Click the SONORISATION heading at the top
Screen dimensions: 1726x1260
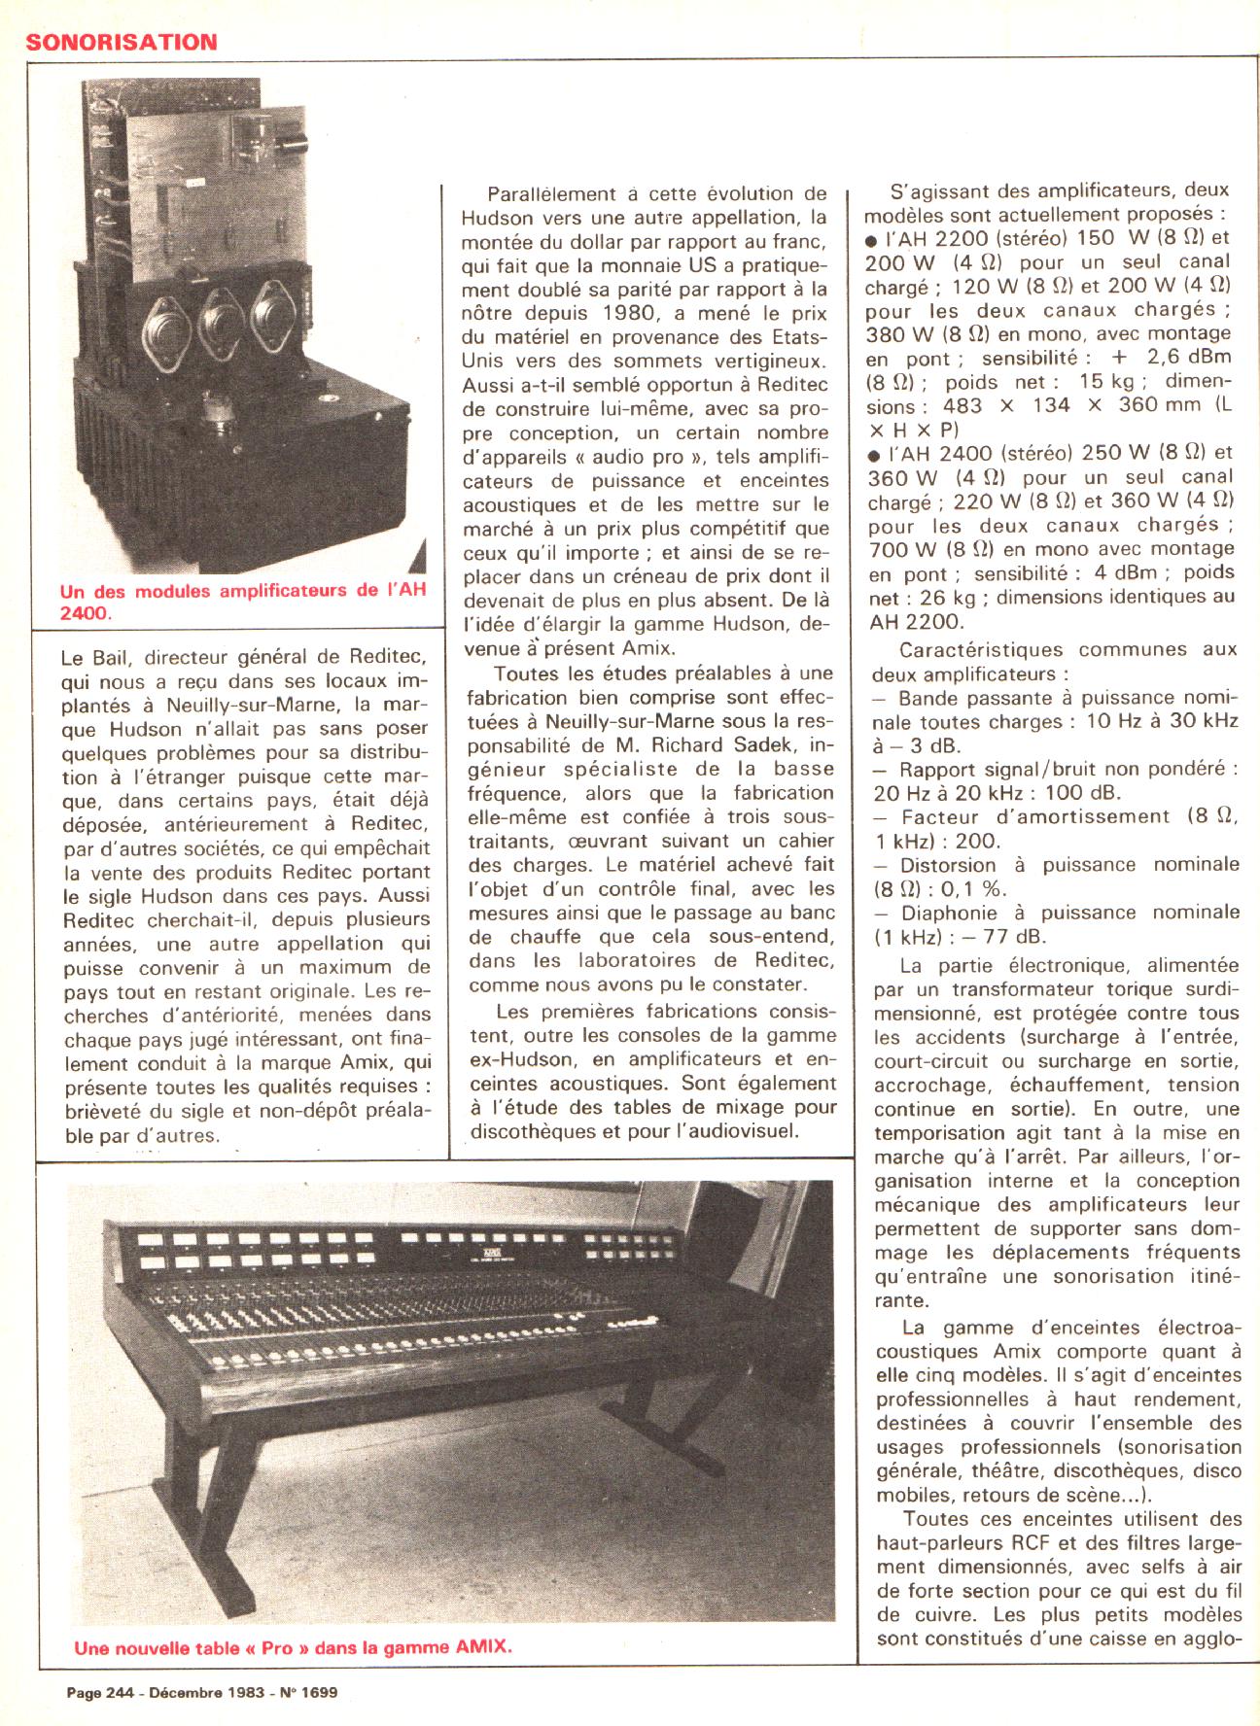click(x=121, y=41)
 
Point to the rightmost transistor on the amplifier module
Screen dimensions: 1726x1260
click(x=273, y=316)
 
